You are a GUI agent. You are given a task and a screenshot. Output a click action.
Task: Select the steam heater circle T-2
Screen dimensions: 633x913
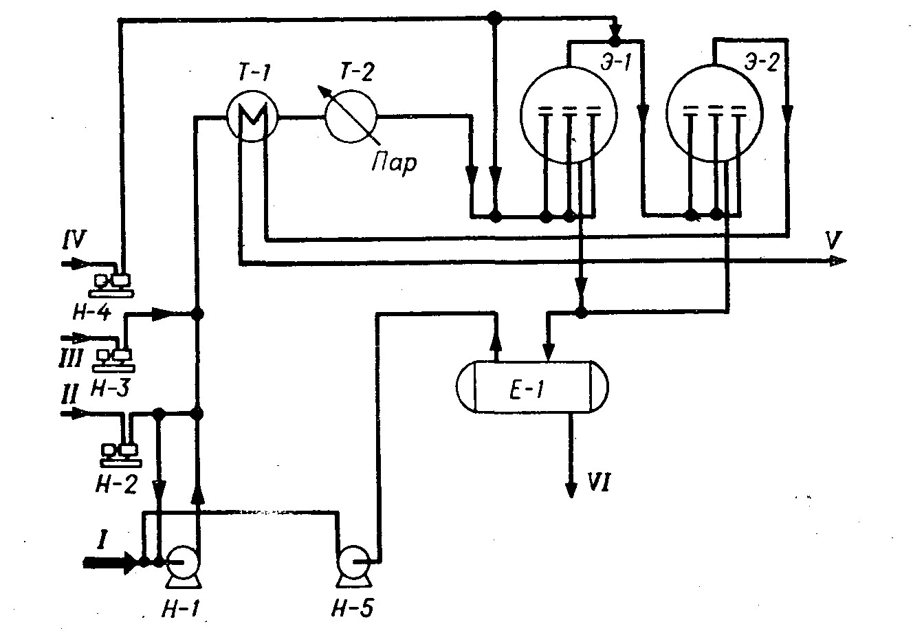(351, 117)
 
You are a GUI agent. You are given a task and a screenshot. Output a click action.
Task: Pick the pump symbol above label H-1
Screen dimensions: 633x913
(182, 562)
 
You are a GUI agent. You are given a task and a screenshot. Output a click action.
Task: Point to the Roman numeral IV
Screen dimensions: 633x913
(72, 241)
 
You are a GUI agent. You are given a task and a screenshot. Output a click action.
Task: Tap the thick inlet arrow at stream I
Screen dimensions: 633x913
(110, 562)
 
